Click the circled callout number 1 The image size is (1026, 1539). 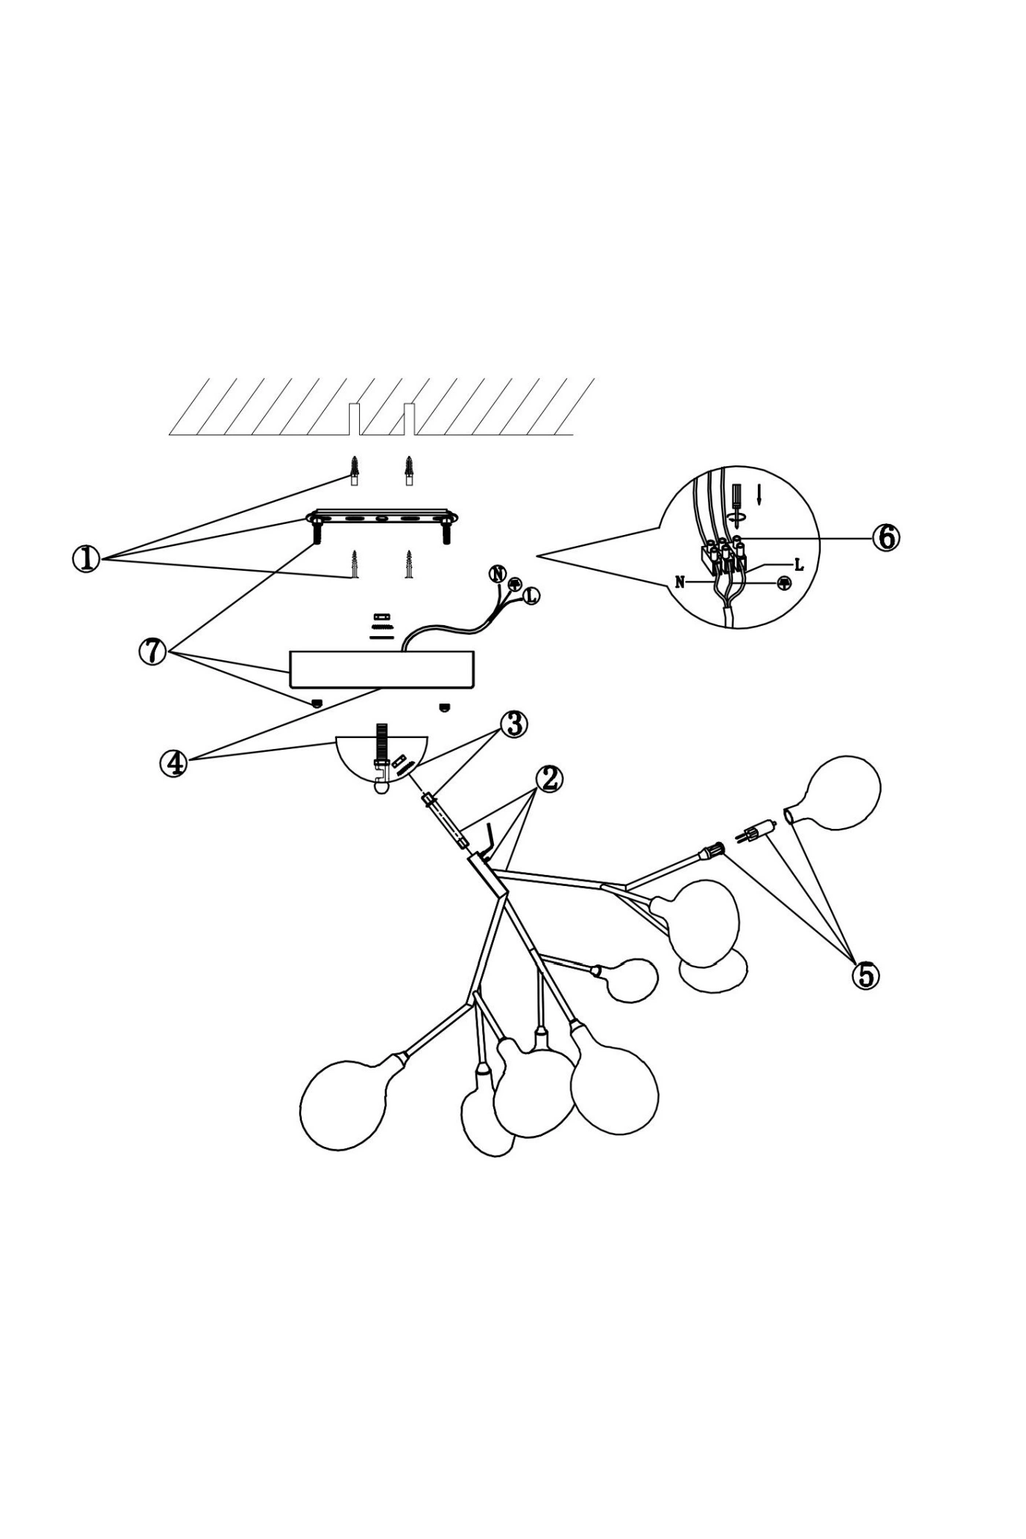pyautogui.click(x=86, y=560)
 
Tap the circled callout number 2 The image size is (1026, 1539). pyautogui.click(x=548, y=778)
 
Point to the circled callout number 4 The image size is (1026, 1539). pyautogui.click(x=173, y=763)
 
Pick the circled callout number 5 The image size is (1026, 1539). pyautogui.click(x=866, y=975)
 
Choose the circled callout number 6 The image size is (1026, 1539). pyautogui.click(x=885, y=537)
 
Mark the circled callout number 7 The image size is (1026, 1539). pyautogui.click(x=152, y=651)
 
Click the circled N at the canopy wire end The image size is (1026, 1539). pyautogui.click(x=498, y=574)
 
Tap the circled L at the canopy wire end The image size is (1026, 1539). pyautogui.click(x=531, y=597)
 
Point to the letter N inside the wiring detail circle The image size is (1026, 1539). pyautogui.click(x=680, y=583)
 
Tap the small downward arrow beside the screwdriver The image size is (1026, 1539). pyautogui.click(x=759, y=495)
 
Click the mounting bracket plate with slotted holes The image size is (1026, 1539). pyautogui.click(x=382, y=518)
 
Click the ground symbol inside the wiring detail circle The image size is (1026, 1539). pyautogui.click(x=783, y=583)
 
